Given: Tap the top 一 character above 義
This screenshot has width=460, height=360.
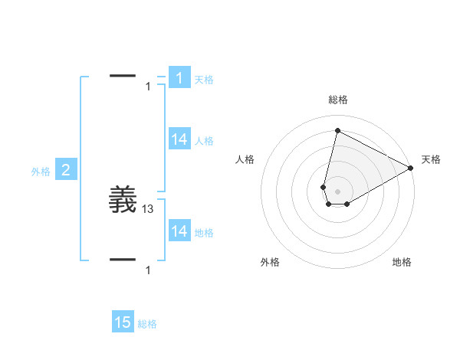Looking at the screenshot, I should click(123, 75).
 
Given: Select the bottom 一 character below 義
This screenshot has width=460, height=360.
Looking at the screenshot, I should click(123, 259).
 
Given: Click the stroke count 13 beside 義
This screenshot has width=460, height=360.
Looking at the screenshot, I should click(148, 208).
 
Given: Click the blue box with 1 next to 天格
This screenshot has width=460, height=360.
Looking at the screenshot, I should click(179, 78).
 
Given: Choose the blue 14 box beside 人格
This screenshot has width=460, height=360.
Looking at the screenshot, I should click(179, 139).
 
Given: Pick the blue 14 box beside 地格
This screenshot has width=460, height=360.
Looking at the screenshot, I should click(179, 231).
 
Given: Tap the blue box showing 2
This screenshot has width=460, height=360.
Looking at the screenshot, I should click(66, 171).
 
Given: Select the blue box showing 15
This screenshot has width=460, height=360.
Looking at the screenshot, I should click(123, 322).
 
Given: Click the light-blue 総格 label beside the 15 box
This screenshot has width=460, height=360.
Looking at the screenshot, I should click(147, 324).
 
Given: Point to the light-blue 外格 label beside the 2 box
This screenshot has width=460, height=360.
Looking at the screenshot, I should click(41, 172).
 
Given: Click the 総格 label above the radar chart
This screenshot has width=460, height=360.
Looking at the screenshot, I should click(337, 100).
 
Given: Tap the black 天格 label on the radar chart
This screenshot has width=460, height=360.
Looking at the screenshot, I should click(431, 159).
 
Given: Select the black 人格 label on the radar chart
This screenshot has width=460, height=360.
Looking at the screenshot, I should click(245, 159).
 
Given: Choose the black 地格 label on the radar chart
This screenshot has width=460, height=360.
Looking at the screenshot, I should click(402, 263).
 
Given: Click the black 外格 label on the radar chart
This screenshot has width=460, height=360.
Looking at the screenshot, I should click(270, 263).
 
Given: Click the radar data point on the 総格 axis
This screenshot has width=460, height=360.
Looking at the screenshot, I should click(337, 130).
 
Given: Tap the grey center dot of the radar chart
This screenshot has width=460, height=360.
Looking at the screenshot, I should click(337, 190).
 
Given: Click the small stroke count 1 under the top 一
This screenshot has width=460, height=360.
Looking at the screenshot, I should click(148, 87).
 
